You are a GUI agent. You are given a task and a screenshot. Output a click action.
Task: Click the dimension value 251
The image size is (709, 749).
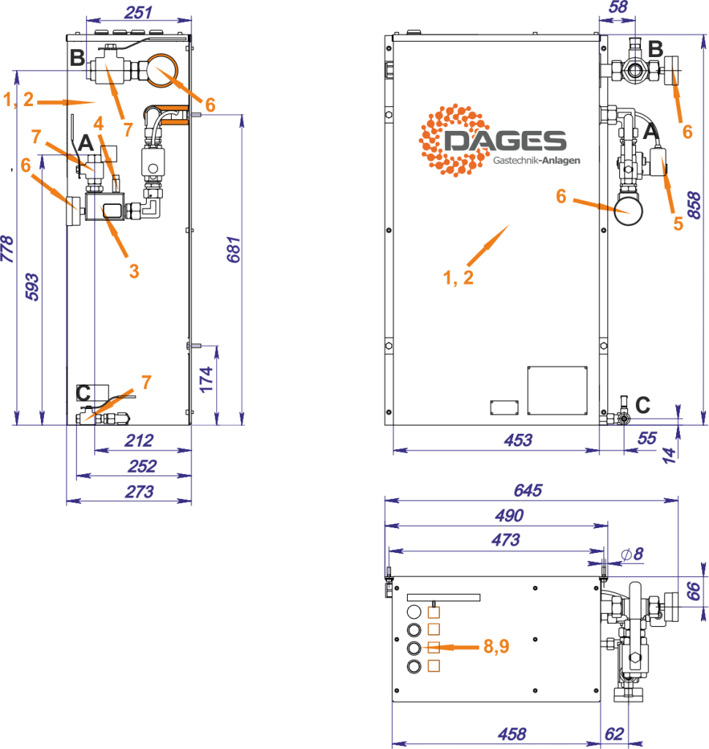(x=137, y=12)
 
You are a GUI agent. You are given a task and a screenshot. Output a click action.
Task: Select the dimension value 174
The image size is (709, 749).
(x=207, y=379)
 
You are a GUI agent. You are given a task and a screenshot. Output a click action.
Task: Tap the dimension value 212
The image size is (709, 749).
(x=139, y=440)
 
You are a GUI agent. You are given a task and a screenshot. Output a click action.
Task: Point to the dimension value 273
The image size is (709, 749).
(x=139, y=492)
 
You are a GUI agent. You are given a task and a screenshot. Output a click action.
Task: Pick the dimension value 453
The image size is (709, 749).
(x=517, y=440)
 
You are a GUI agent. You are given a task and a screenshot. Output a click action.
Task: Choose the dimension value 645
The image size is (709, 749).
(x=528, y=490)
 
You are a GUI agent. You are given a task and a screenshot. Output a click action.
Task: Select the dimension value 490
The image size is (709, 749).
(x=509, y=516)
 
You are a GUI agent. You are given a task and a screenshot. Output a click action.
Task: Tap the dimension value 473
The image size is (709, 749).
(x=505, y=541)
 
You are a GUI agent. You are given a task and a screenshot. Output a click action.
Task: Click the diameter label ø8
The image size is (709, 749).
(x=632, y=554)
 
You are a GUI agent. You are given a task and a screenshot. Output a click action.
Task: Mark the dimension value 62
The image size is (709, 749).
(x=614, y=734)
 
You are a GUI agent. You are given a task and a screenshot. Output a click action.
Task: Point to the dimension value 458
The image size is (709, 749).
(x=511, y=734)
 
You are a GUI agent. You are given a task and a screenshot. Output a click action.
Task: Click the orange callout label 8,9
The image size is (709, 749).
(x=496, y=647)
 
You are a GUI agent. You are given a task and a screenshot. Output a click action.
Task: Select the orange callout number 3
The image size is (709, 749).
(x=134, y=271)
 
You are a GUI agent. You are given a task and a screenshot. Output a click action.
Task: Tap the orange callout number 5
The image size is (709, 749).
(x=678, y=224)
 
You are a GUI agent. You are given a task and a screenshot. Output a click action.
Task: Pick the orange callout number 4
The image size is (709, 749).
(x=99, y=124)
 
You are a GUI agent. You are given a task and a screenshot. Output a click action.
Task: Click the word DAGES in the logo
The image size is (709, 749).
(x=504, y=141)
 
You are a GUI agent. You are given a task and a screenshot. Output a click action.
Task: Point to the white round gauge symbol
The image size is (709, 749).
(x=161, y=70)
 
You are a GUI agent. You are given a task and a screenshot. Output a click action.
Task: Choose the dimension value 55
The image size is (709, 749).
(x=648, y=438)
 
